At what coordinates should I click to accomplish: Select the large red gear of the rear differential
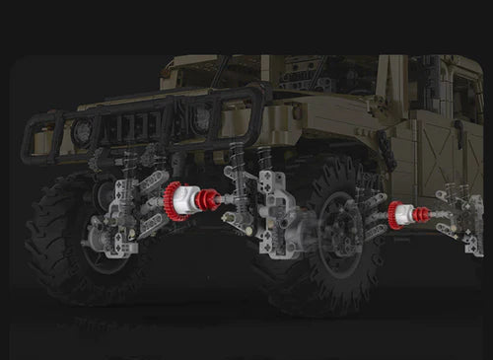click(x=394, y=215)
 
